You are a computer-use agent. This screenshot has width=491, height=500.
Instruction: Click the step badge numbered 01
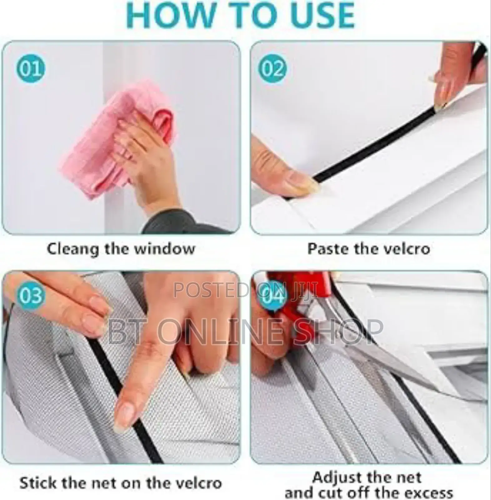30,68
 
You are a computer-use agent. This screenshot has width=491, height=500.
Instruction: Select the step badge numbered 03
30,295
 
